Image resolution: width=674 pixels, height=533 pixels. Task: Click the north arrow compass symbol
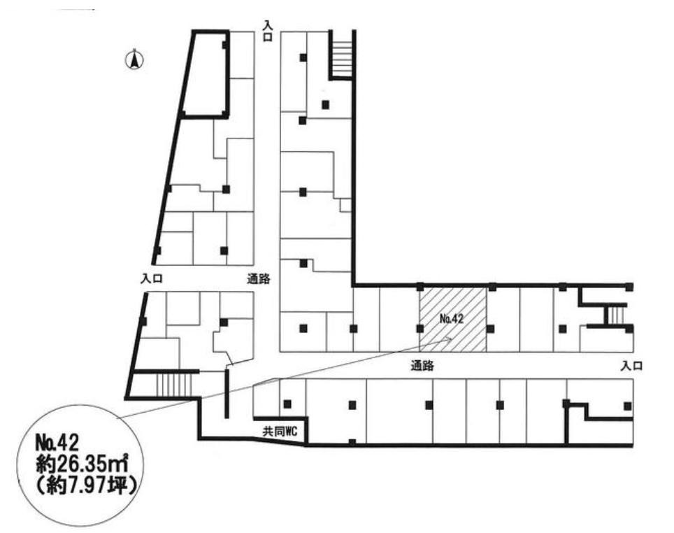[134, 60]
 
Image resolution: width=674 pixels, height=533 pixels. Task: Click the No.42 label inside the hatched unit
[452, 319]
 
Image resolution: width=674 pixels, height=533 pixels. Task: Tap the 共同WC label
[280, 432]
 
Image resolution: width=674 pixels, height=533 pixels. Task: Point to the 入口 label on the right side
[631, 366]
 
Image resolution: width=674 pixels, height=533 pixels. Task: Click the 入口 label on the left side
[152, 278]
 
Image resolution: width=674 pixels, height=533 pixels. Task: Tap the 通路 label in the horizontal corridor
[422, 366]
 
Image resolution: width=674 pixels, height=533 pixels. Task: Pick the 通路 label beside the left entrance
[258, 279]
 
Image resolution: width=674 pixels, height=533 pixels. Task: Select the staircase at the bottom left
[173, 385]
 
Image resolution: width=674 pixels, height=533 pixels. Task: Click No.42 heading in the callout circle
[57, 442]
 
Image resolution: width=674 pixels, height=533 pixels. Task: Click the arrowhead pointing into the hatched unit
[447, 339]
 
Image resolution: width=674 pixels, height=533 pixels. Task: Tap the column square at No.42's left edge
[420, 329]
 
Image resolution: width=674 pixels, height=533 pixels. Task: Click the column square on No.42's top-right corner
[492, 287]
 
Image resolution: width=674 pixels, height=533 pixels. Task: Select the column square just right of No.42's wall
[490, 329]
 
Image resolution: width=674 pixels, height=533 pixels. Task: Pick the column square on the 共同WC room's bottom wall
[352, 442]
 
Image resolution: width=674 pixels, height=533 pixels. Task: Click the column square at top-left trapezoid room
[225, 45]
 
